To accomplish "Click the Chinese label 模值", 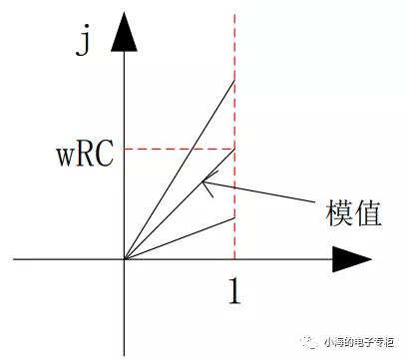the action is pos(351,213).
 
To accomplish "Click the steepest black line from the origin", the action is pos(180,170).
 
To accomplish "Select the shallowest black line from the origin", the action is pos(180,238).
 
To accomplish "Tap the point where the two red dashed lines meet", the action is pos(233,150).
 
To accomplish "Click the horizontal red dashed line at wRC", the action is pos(180,150).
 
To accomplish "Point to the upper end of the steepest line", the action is pos(233,80).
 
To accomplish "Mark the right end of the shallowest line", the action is pos(233,217).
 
